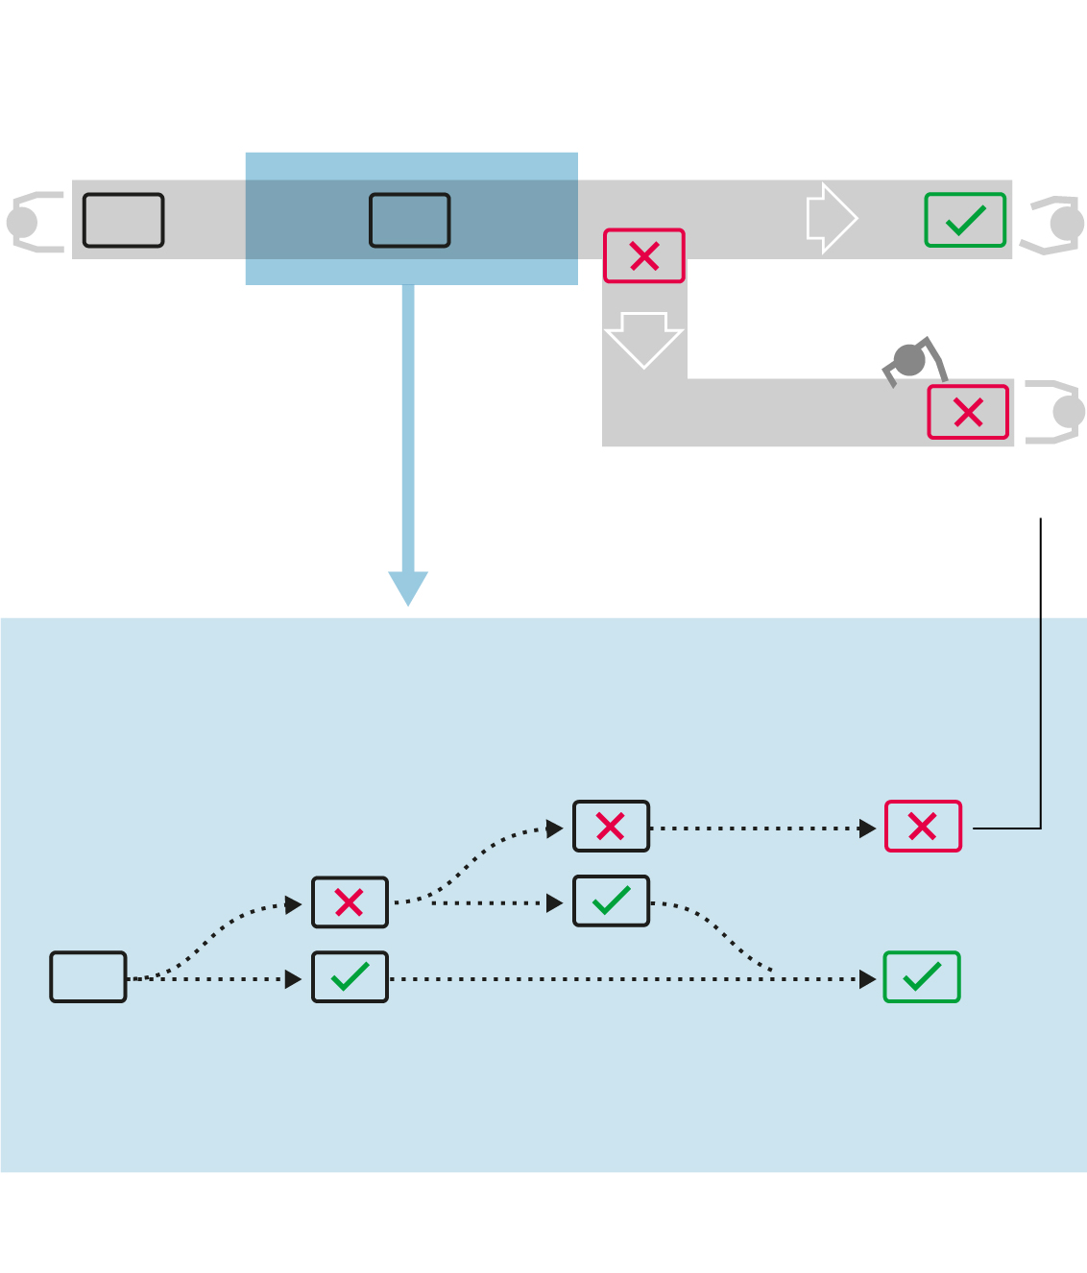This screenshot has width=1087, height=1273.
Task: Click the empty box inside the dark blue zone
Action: tap(410, 220)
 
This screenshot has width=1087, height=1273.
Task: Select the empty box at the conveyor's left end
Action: tap(124, 220)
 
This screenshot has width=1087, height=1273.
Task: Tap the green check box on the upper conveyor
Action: tap(965, 220)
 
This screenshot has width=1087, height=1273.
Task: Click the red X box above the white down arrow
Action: tap(644, 255)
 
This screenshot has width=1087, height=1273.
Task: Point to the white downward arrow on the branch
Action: tap(643, 339)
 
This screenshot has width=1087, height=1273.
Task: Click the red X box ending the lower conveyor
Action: tap(968, 412)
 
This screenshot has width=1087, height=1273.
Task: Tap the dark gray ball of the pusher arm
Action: tap(909, 361)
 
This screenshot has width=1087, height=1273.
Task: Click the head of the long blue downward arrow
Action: tap(408, 587)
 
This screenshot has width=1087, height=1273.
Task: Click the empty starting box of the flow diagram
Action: tap(88, 977)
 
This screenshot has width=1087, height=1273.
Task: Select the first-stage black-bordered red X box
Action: tap(350, 902)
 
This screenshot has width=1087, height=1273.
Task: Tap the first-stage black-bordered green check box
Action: tap(350, 977)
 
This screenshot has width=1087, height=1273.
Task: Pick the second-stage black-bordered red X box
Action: tap(611, 827)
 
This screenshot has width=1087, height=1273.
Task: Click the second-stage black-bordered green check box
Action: tap(611, 901)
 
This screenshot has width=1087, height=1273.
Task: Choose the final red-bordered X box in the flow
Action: tap(923, 827)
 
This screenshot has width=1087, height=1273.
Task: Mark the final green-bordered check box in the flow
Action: tap(922, 977)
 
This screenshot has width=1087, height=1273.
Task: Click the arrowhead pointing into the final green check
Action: tap(868, 979)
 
